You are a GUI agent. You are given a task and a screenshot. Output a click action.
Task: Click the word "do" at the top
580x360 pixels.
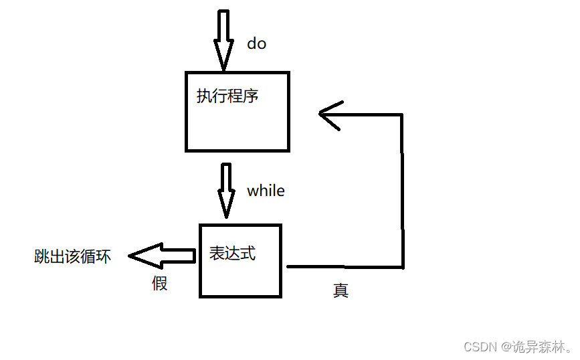pyautogui.click(x=256, y=44)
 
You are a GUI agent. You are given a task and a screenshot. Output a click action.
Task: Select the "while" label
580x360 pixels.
pyautogui.click(x=266, y=191)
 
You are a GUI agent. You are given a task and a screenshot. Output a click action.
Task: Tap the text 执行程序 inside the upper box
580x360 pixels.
pyautogui.click(x=227, y=96)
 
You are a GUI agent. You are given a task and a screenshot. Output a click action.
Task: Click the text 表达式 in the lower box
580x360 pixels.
pyautogui.click(x=232, y=254)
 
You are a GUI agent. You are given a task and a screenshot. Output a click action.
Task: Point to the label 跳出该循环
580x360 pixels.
pyautogui.click(x=72, y=257)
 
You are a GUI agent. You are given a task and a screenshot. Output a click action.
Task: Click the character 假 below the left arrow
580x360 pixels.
pyautogui.click(x=159, y=283)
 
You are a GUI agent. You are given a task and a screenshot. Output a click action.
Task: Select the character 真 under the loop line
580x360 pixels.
pyautogui.click(x=341, y=291)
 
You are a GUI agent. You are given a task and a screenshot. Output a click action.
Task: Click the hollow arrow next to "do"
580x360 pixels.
pyautogui.click(x=223, y=39)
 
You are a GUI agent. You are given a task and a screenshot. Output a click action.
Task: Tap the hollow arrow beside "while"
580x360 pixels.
pyautogui.click(x=227, y=190)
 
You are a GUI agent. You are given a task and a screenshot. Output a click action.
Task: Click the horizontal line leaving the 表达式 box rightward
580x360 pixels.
pyautogui.click(x=345, y=267)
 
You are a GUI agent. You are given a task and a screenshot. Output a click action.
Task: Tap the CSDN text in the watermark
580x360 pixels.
pyautogui.click(x=478, y=347)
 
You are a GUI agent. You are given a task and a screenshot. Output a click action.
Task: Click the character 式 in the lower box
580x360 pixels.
pyautogui.click(x=248, y=254)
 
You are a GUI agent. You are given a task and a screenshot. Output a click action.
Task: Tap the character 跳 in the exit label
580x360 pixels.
pyautogui.click(x=41, y=257)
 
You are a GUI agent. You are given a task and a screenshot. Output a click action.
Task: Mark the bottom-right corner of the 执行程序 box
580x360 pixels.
pyautogui.click(x=288, y=150)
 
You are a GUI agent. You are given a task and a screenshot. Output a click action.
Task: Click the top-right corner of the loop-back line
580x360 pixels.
pyautogui.click(x=401, y=114)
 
